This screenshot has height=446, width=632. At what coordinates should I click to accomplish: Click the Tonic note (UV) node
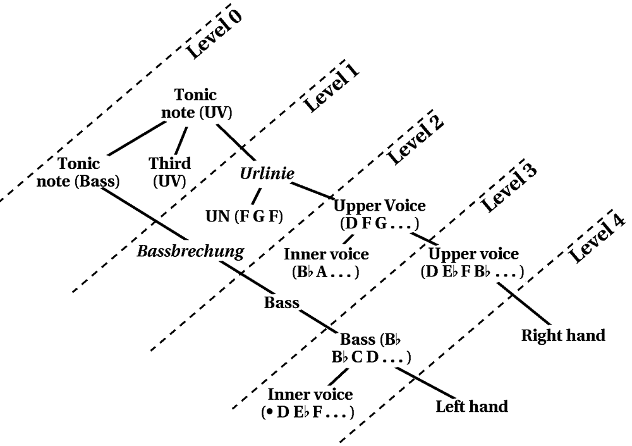click(x=195, y=104)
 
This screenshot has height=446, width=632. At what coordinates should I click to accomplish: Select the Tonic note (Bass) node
click(x=88, y=172)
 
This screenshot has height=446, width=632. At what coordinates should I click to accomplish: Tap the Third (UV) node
click(x=169, y=172)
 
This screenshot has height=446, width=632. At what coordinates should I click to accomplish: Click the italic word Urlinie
click(x=267, y=173)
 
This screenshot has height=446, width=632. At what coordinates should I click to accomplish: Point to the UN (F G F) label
click(x=244, y=217)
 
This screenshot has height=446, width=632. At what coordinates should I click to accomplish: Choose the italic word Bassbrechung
click(x=191, y=251)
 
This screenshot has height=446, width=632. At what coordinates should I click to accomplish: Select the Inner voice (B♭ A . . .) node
click(x=326, y=263)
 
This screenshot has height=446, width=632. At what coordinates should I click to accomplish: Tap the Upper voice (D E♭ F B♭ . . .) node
click(x=473, y=263)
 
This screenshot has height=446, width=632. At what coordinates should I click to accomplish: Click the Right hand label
click(x=563, y=335)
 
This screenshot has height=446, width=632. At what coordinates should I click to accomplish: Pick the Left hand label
click(x=471, y=406)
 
